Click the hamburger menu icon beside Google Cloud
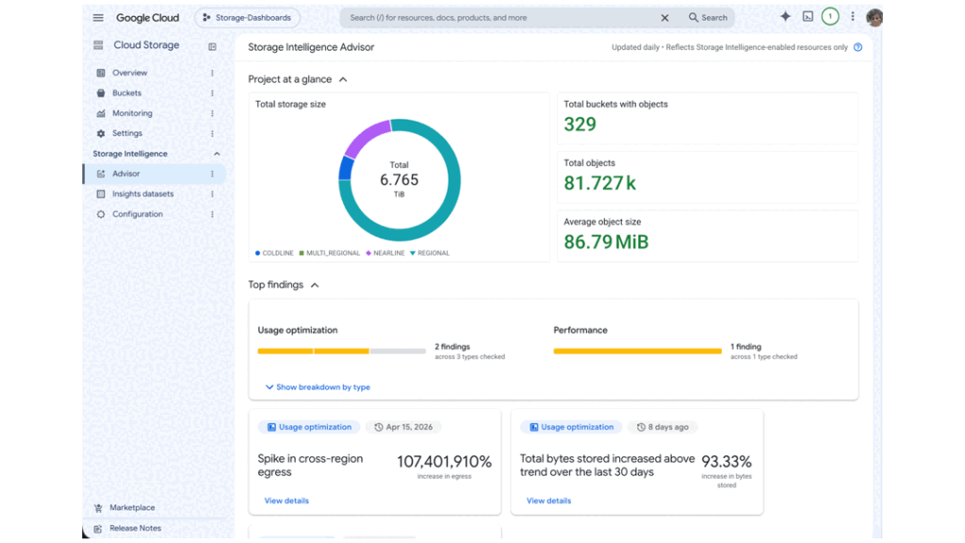coord(98,18)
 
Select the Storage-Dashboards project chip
coord(248,18)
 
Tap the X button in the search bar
coord(664,18)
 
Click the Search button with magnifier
coord(708,18)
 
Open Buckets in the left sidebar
coord(126,93)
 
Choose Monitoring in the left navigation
coord(132,113)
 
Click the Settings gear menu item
coord(127,133)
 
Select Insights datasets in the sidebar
coord(142,194)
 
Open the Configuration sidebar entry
coord(138,214)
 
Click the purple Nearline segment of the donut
coord(365,137)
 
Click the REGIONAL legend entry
coord(430,253)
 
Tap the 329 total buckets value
coord(580,124)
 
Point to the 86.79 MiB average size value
coord(606,242)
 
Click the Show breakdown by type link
coord(318,387)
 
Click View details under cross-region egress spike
coord(286,501)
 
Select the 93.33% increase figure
coord(727,462)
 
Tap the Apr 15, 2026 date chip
coord(403,427)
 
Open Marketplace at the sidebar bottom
coord(132,508)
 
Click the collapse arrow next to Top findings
coord(315,285)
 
